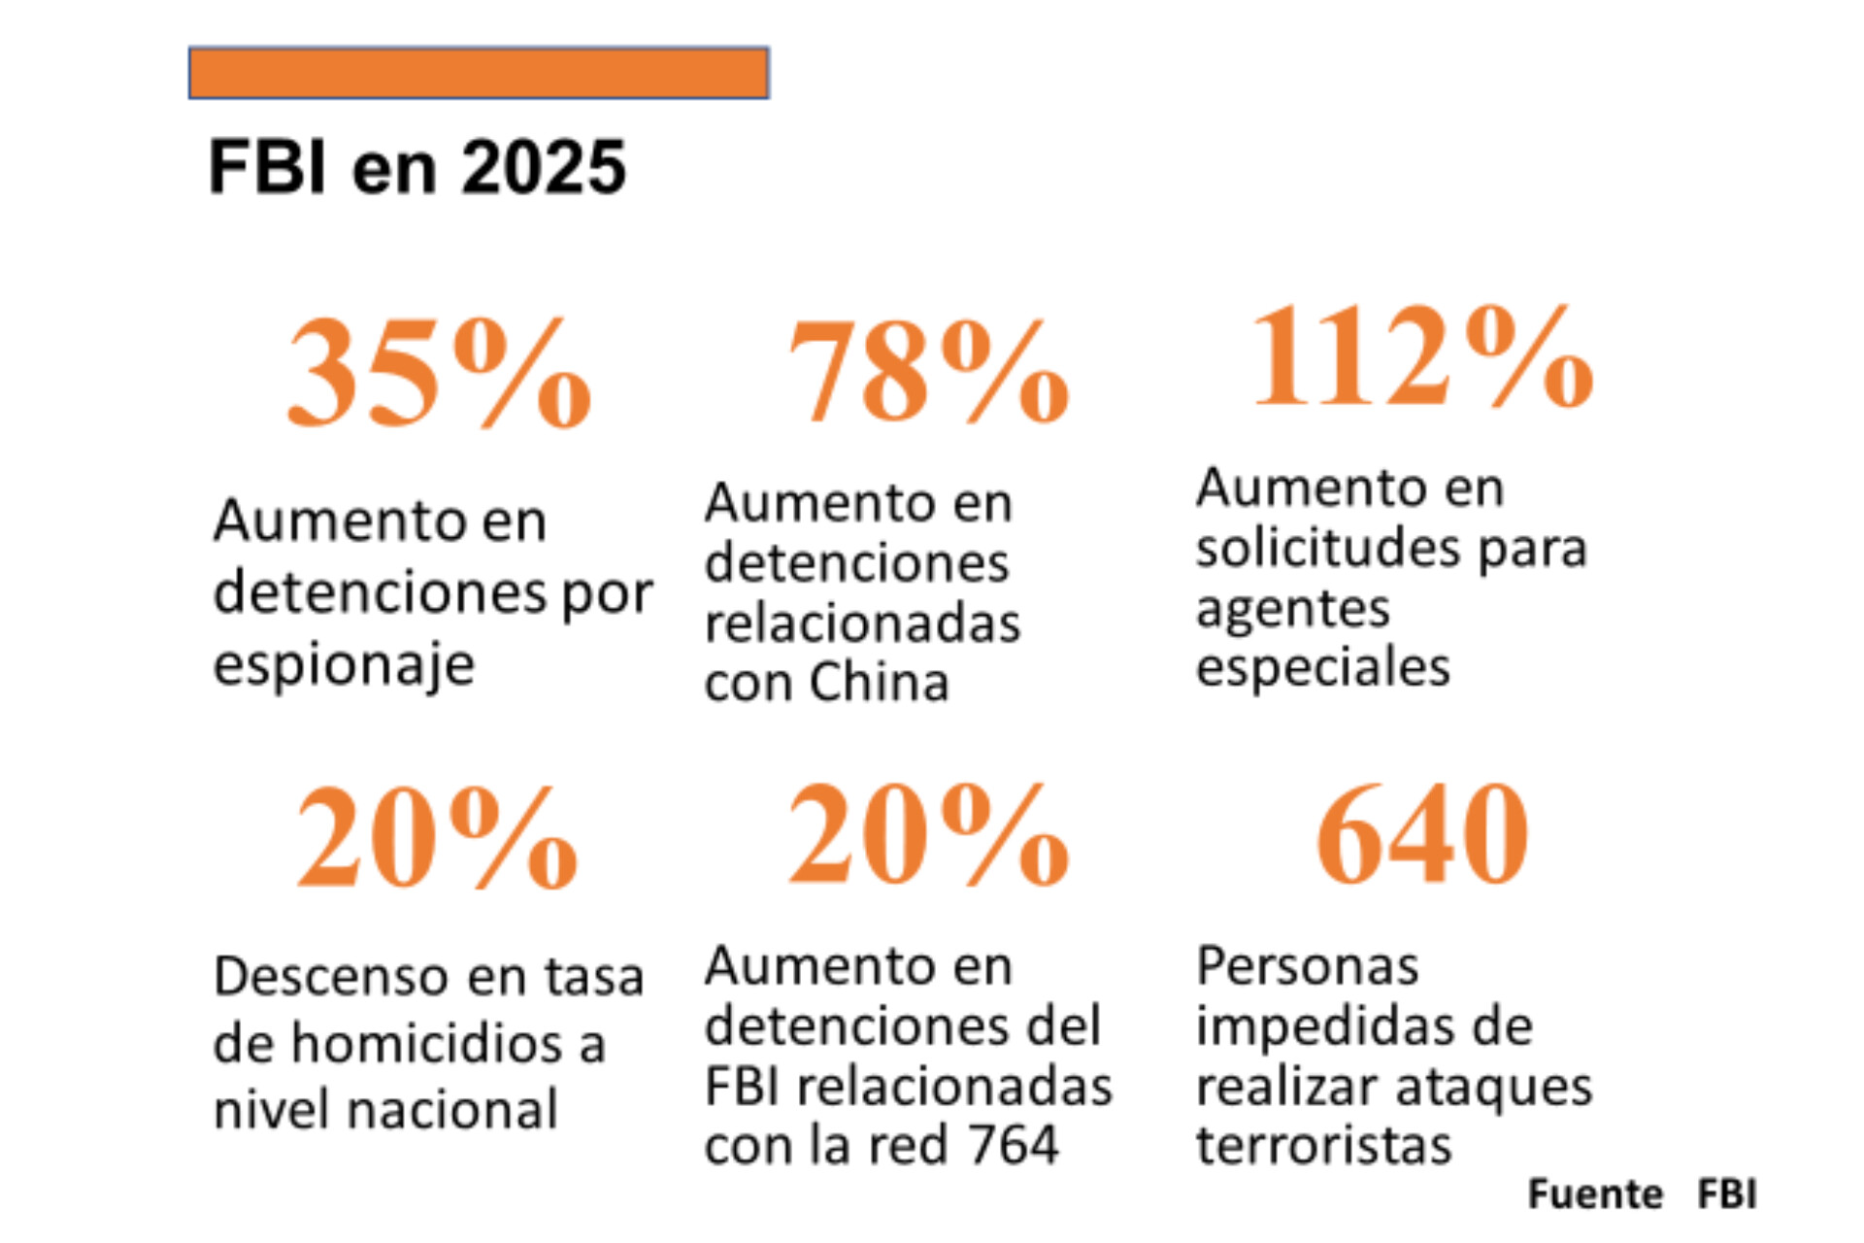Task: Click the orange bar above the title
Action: pos(479,73)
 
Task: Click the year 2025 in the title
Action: pos(543,168)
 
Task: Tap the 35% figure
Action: pos(439,374)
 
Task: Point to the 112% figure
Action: pos(1423,356)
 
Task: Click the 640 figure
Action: pos(1422,836)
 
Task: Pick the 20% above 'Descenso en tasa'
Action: pos(437,838)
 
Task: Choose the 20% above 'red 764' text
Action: pos(928,836)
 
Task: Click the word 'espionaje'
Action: pos(345,666)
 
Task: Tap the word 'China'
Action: pos(880,683)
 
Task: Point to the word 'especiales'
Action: pos(1323,668)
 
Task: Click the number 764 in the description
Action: pos(1014,1145)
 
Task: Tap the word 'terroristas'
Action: pos(1324,1145)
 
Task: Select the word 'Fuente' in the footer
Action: pos(1595,1194)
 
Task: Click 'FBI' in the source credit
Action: pos(1727,1194)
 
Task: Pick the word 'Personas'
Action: pos(1308,966)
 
